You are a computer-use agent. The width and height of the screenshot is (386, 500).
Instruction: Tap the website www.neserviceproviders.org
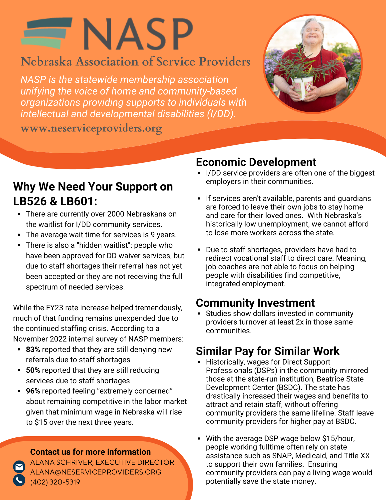91,128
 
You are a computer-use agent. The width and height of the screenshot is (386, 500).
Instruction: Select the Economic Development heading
256,162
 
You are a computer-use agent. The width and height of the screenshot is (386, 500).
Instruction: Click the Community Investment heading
255,303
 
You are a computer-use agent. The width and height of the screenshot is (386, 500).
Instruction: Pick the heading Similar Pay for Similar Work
268,351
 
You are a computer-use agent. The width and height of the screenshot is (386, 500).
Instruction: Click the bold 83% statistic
33,349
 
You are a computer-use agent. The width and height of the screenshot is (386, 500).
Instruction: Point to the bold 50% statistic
33,370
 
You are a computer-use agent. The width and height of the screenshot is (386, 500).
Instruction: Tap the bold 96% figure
33,391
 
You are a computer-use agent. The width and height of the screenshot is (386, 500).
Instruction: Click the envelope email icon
19,466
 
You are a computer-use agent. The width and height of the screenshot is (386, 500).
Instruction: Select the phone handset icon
19,480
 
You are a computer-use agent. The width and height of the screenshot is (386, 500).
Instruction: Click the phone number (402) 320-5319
55,482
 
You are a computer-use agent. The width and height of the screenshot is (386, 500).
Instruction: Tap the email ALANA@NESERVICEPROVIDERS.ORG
95,472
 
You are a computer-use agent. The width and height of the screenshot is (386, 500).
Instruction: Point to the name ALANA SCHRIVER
61,462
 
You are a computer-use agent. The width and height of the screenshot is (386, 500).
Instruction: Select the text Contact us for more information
90,452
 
